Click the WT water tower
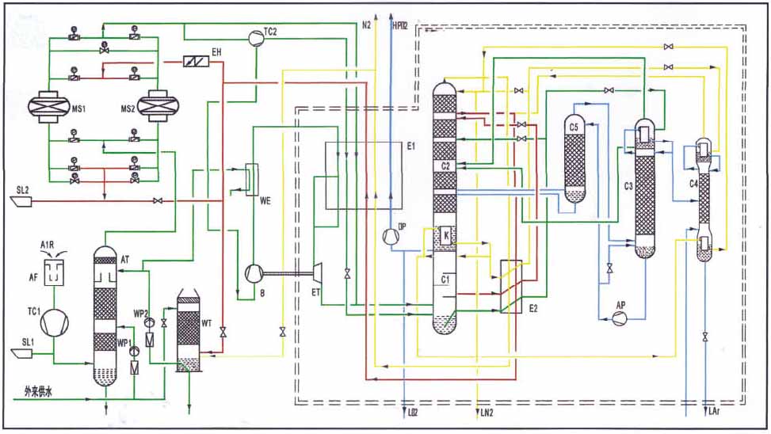tap(188, 333)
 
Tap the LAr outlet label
tap(711, 413)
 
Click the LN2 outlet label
tap(486, 413)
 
